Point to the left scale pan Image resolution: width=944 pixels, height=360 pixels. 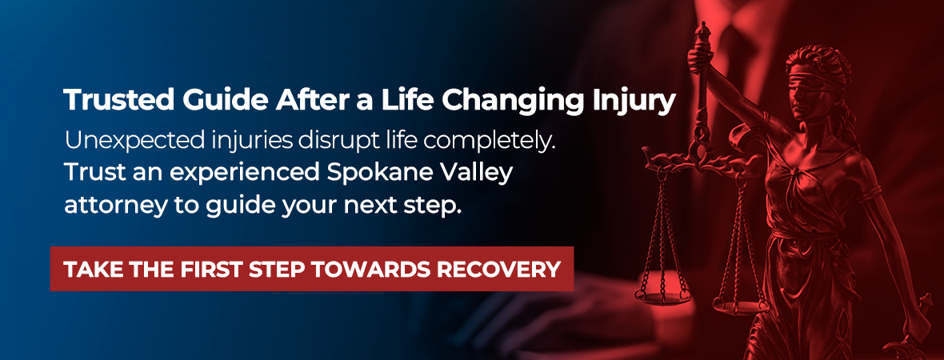[x=662, y=294]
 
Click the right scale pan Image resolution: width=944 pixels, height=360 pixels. [x=741, y=306]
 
